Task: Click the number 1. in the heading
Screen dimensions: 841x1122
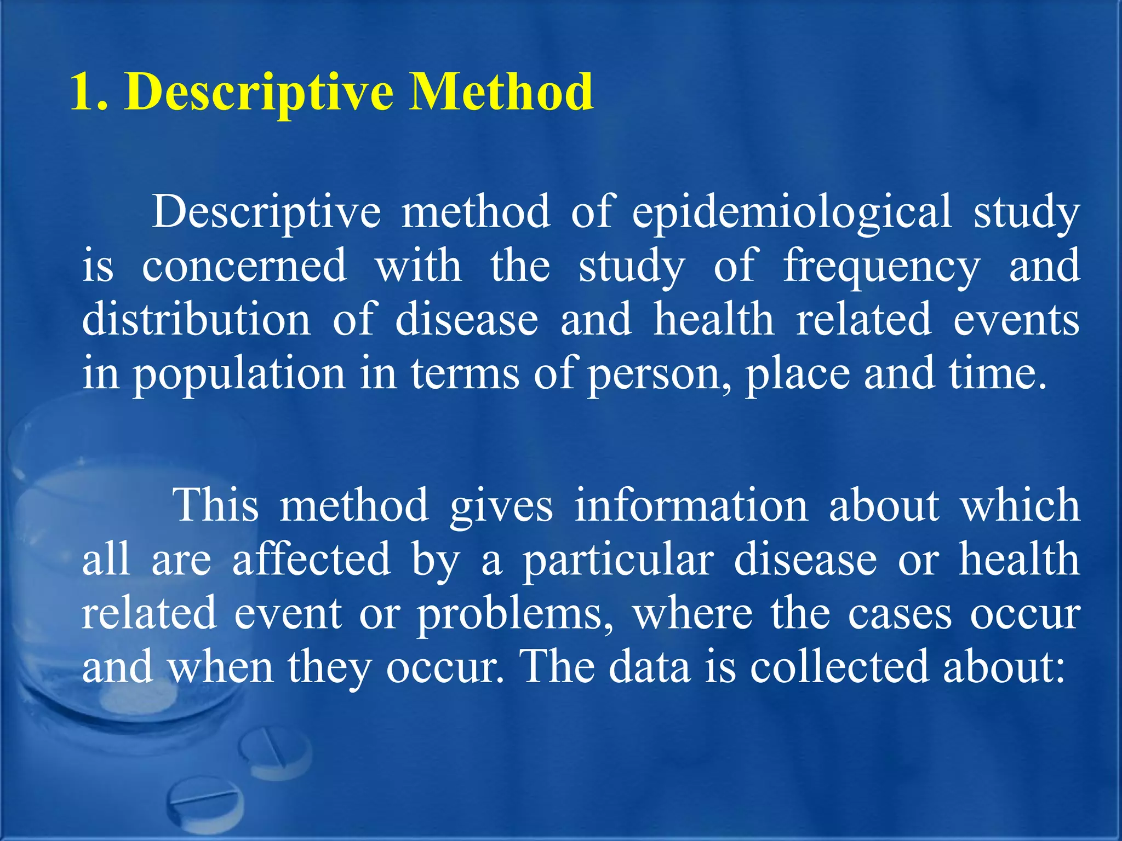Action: coord(89,92)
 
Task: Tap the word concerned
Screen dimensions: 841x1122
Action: coord(244,266)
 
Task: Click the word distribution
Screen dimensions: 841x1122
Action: coord(196,319)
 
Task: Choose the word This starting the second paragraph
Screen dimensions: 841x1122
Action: coord(215,505)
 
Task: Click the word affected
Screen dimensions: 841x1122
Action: coord(311,560)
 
